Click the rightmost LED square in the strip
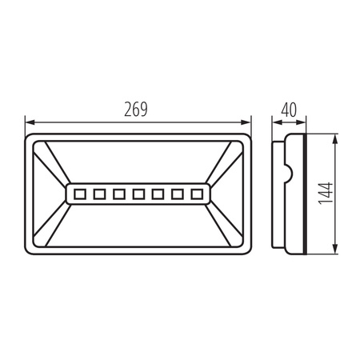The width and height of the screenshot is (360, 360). point(197,193)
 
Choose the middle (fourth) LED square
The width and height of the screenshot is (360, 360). point(138,193)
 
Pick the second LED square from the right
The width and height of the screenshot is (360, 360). point(178,193)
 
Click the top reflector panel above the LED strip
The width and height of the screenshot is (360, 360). point(138,163)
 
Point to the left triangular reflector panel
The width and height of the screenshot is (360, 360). point(50,193)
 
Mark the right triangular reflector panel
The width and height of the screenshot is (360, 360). point(227,193)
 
